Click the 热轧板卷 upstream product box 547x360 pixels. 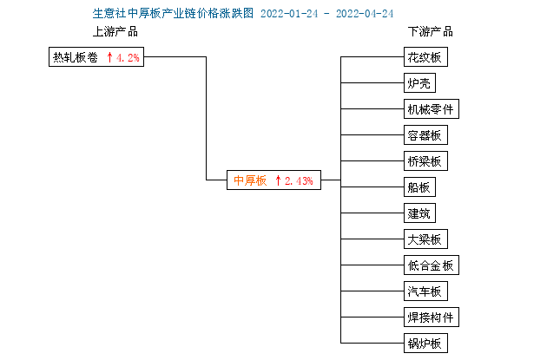[96, 56]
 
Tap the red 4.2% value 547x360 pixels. [128, 57]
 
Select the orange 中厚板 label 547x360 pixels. [250, 180]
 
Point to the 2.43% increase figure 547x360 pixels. [299, 181]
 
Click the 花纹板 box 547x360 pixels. [425, 56]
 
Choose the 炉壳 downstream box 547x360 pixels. [419, 83]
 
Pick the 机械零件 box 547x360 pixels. [432, 109]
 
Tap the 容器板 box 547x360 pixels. [425, 134]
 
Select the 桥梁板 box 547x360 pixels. [425, 161]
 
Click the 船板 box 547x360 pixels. [419, 187]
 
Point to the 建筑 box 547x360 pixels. [419, 213]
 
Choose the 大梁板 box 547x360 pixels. [425, 239]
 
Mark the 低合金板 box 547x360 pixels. [432, 265]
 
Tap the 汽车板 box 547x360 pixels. [425, 291]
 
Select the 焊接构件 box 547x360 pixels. [432, 317]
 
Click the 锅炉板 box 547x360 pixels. [425, 344]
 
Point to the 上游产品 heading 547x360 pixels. [115, 32]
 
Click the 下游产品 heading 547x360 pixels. [431, 32]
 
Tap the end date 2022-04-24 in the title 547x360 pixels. [365, 14]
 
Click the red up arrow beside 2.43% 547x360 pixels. [278, 180]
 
